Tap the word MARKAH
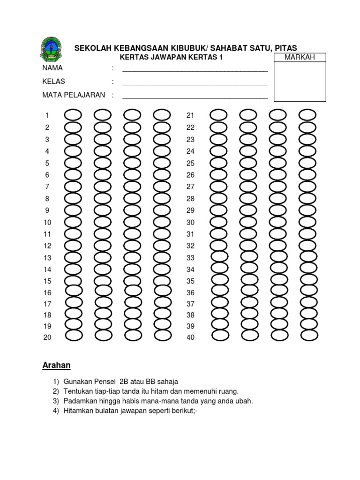(x=299, y=57)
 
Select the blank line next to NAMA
(x=195, y=70)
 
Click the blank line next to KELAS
(x=195, y=84)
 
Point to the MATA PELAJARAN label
(x=74, y=95)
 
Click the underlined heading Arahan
(x=56, y=365)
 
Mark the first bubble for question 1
(x=73, y=115)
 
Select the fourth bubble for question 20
(x=162, y=335)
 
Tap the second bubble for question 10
(x=103, y=222)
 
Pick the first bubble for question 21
(x=218, y=115)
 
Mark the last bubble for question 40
(x=309, y=335)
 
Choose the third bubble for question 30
(x=277, y=222)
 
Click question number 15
(x=47, y=281)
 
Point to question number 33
(x=190, y=258)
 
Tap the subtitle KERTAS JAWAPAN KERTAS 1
(x=170, y=57)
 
